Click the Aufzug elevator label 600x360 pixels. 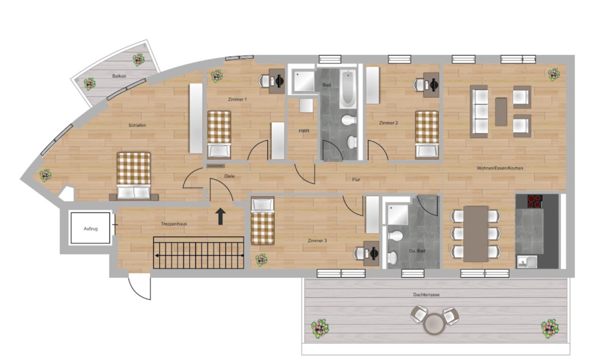tap(91, 229)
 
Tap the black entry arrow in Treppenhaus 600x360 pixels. tap(221, 216)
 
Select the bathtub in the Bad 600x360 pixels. tap(347, 88)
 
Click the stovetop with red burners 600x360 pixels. tap(535, 201)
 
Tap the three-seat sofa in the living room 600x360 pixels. tap(479, 111)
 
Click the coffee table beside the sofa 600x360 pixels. tap(501, 112)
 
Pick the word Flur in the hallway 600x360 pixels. tap(356, 180)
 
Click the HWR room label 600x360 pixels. tap(304, 131)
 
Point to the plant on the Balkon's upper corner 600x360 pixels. tap(138, 59)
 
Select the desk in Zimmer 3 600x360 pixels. tap(371, 253)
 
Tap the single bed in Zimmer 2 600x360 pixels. tap(427, 135)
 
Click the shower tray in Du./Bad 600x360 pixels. tap(398, 214)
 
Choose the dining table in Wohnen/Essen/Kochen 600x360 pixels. tap(476, 234)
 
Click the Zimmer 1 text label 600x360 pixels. tap(237, 99)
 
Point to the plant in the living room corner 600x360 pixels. tap(554, 74)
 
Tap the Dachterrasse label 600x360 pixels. tap(426, 295)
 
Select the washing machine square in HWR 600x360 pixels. tap(306, 106)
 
